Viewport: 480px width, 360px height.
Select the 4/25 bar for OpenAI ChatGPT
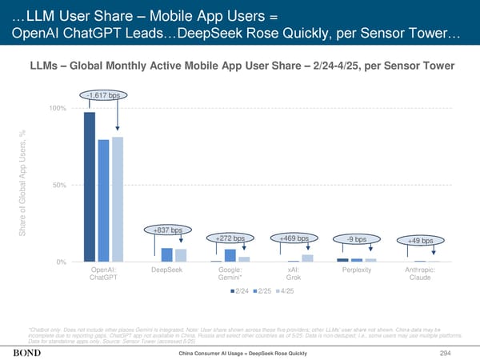(118, 199)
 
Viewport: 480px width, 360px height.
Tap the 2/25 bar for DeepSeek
(167, 254)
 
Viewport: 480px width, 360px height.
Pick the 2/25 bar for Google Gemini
(230, 255)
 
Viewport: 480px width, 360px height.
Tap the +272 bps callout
(230, 238)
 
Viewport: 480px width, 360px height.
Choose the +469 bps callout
(294, 238)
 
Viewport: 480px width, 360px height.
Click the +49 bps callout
(420, 241)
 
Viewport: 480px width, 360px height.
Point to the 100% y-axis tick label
(58, 108)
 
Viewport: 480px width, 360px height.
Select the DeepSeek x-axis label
(167, 270)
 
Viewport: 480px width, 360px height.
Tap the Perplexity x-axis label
(357, 270)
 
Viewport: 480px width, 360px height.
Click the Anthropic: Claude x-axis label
(419, 274)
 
